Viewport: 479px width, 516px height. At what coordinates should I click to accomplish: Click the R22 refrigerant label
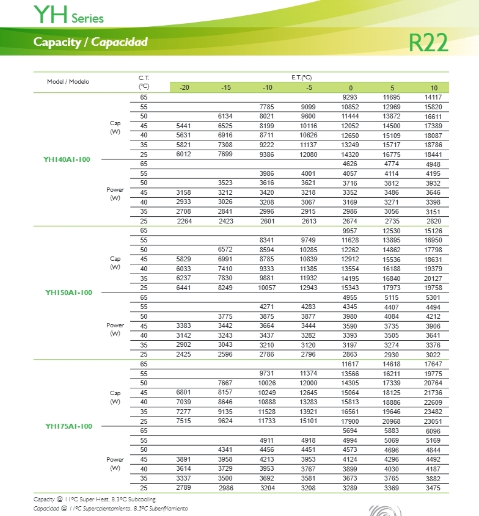tap(429, 42)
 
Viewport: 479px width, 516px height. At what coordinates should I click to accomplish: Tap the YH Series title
tap(68, 15)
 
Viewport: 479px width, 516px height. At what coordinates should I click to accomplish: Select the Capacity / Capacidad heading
tap(90, 42)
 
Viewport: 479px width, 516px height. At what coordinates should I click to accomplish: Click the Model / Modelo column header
tap(68, 82)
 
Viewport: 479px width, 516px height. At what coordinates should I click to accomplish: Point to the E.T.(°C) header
tap(301, 78)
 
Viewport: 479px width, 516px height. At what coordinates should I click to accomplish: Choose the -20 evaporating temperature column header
tap(184, 88)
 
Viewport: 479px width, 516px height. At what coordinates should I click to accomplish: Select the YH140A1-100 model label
tap(67, 159)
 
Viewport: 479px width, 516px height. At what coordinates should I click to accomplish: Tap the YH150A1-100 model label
tap(68, 293)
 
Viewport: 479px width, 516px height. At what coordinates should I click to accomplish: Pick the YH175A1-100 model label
tap(68, 426)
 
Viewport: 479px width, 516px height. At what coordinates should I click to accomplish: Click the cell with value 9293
tap(350, 98)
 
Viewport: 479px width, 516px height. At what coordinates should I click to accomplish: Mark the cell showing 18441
tap(433, 155)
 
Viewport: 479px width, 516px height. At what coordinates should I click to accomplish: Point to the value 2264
tap(184, 221)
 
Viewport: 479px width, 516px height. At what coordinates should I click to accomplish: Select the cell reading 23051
tap(433, 421)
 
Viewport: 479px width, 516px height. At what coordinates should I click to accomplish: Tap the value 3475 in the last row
tap(433, 489)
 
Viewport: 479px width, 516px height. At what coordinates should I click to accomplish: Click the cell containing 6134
tap(225, 117)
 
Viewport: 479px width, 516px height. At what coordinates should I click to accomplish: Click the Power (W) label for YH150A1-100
tap(115, 330)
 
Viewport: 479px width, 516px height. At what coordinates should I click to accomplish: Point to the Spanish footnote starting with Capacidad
tap(111, 509)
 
